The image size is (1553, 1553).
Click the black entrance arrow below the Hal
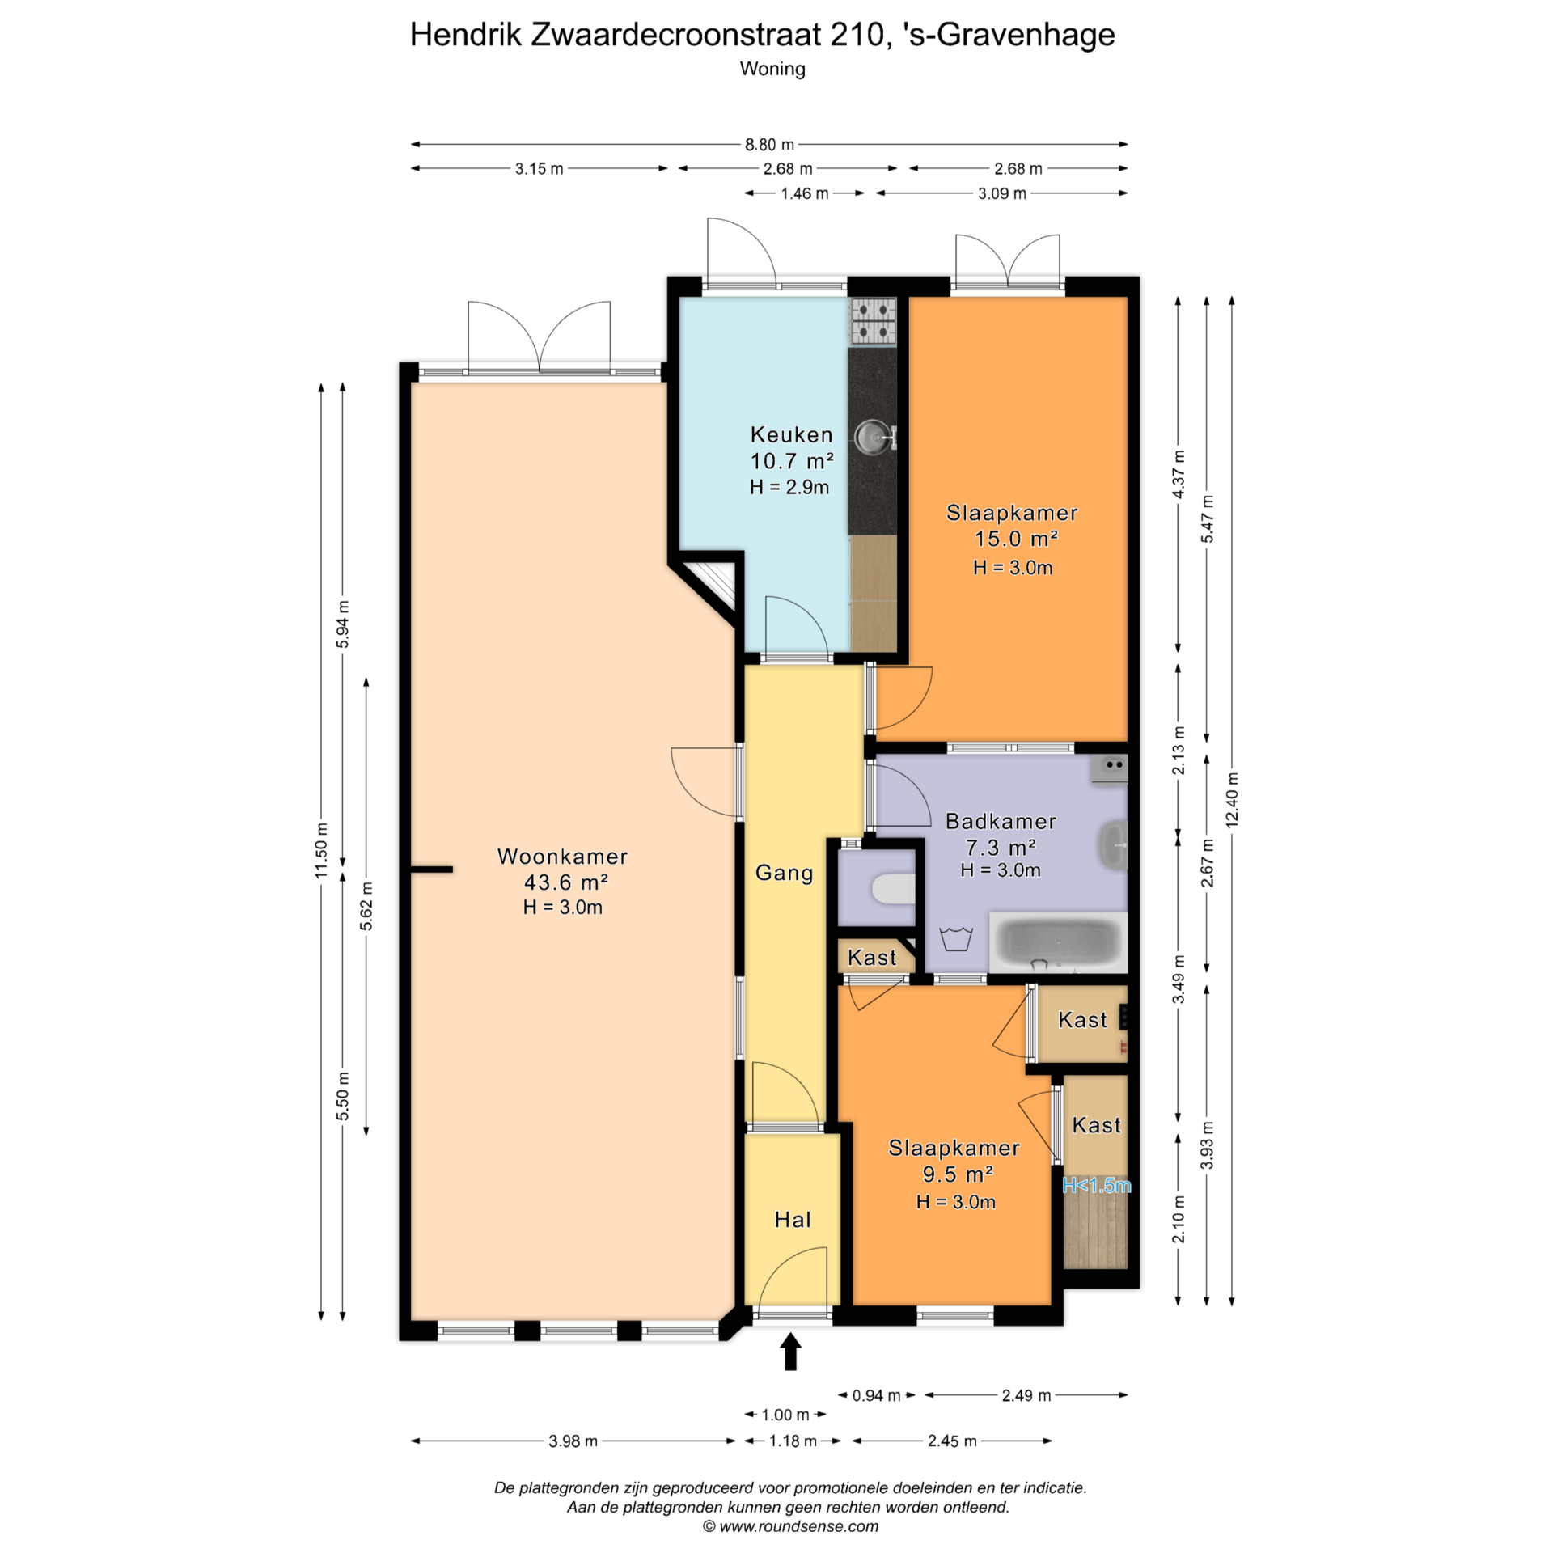[790, 1352]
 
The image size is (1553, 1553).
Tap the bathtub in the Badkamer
[1058, 942]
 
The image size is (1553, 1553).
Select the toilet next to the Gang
[893, 889]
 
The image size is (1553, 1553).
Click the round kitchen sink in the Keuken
[873, 437]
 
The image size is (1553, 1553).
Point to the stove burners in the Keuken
[873, 321]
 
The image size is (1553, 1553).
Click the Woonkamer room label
[562, 857]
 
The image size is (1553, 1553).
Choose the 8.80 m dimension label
[769, 145]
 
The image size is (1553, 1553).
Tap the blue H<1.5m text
[1096, 1186]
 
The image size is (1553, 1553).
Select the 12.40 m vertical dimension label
[1232, 800]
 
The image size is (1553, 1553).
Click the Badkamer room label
[1001, 821]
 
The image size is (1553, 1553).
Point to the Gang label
[784, 873]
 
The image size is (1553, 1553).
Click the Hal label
[793, 1220]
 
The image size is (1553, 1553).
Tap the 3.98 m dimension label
[573, 1441]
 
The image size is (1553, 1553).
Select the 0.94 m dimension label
[876, 1395]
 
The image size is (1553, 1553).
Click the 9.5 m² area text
[958, 1174]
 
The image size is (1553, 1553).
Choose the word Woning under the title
[772, 69]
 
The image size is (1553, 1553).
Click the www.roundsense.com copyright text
[790, 1526]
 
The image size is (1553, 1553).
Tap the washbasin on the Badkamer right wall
[1115, 844]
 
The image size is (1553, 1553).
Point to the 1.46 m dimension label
[804, 193]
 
